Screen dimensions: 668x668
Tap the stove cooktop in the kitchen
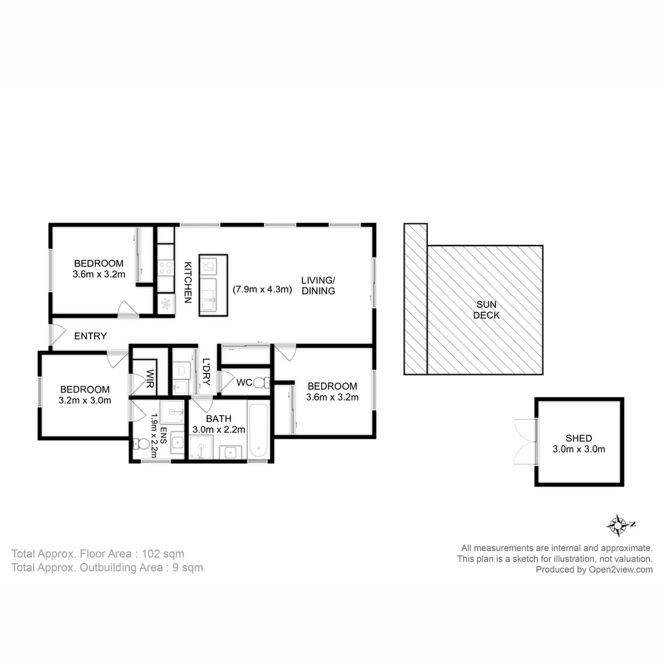click(x=166, y=267)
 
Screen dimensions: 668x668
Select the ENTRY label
click(x=90, y=336)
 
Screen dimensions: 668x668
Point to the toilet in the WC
click(x=260, y=383)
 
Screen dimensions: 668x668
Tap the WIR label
click(x=150, y=379)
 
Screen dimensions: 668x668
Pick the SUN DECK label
click(x=487, y=309)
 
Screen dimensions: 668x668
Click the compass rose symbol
click(x=618, y=525)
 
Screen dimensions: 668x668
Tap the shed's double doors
click(x=524, y=440)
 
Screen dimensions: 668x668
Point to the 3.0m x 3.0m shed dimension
click(x=579, y=449)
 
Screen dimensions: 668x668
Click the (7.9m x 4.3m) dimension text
click(x=262, y=289)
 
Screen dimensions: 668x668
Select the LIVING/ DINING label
click(x=318, y=285)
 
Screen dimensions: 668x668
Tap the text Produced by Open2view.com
click(x=594, y=570)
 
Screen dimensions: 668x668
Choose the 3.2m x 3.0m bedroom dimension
click(x=85, y=400)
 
